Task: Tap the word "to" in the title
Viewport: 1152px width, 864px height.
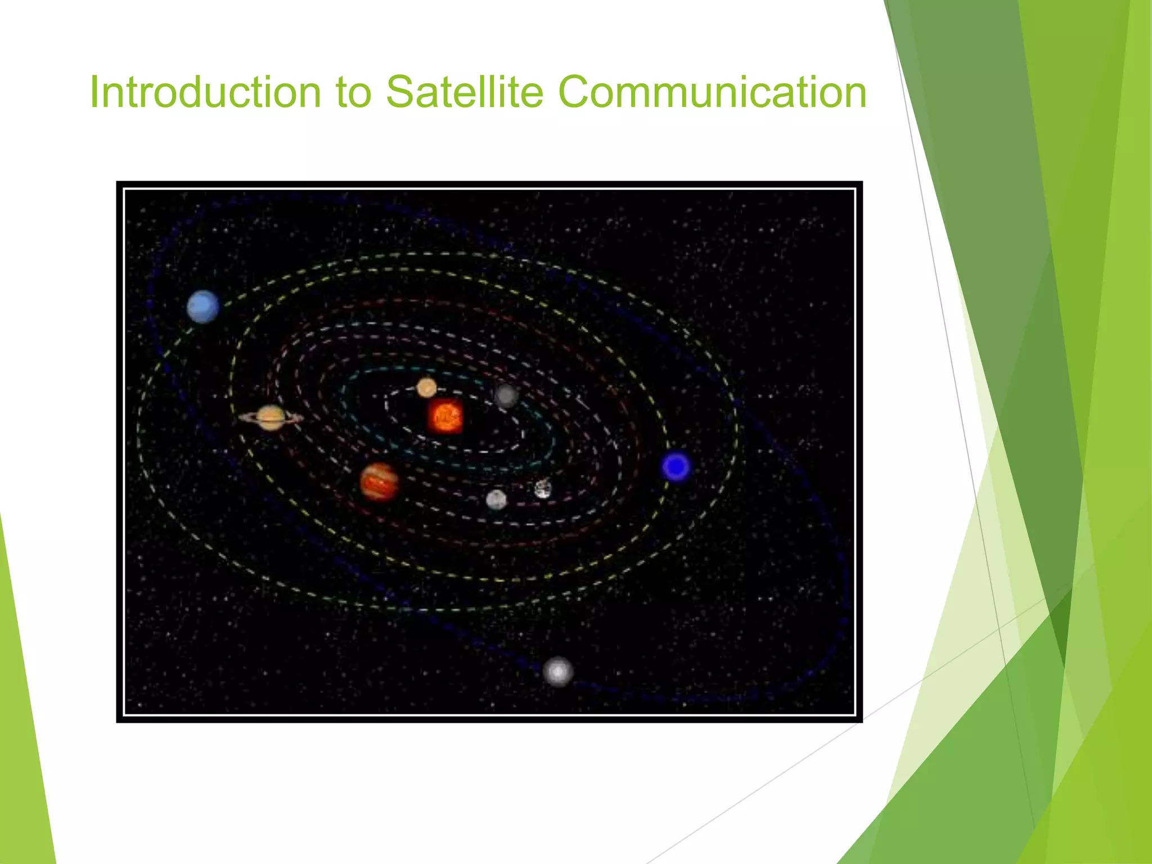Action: click(353, 93)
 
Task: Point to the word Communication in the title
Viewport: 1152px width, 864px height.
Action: click(712, 93)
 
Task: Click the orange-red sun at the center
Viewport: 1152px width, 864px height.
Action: click(445, 417)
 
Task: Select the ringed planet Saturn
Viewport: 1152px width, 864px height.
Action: click(271, 417)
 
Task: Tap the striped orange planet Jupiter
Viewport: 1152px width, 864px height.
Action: click(380, 482)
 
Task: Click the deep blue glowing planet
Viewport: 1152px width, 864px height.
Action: click(676, 466)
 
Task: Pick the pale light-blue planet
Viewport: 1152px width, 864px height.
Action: click(203, 307)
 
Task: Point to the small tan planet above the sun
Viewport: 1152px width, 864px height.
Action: click(426, 388)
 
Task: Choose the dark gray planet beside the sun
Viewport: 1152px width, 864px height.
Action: click(506, 395)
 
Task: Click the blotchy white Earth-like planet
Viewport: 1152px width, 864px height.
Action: click(542, 488)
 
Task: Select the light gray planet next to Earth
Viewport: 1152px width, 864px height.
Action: click(496, 499)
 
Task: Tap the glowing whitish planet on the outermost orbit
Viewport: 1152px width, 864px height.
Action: click(557, 672)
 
